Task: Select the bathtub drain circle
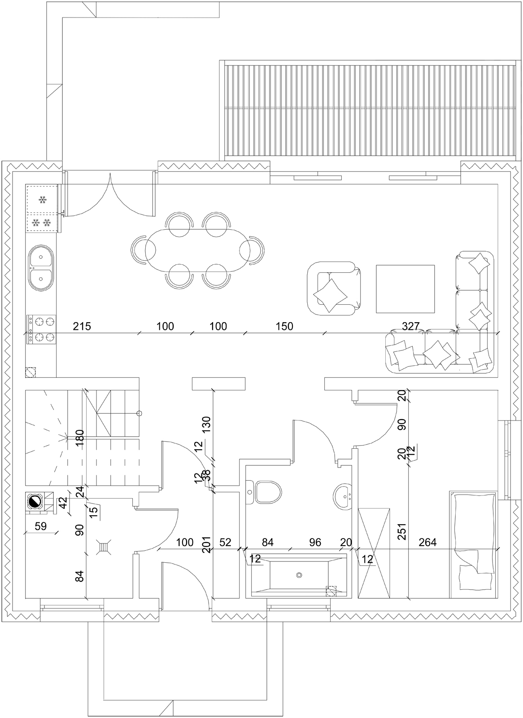299,575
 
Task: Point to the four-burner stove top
41,329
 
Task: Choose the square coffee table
405,289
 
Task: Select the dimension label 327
410,326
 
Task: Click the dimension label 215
82,326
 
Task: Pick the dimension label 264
427,542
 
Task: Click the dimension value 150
284,326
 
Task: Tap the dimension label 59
41,526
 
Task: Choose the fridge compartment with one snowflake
42,199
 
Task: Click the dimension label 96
315,542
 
